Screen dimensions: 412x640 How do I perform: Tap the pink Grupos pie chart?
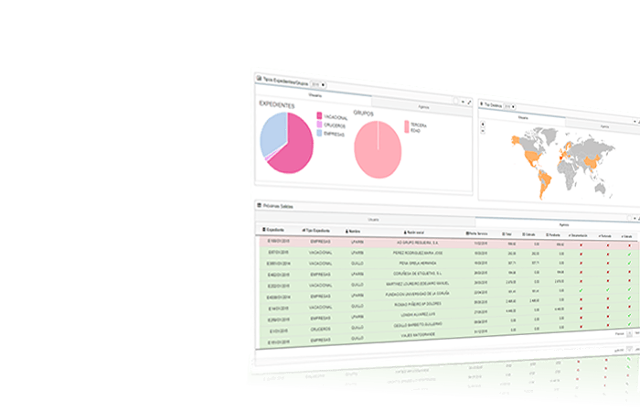[x=378, y=148]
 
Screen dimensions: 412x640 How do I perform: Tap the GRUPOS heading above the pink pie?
[x=364, y=113]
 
